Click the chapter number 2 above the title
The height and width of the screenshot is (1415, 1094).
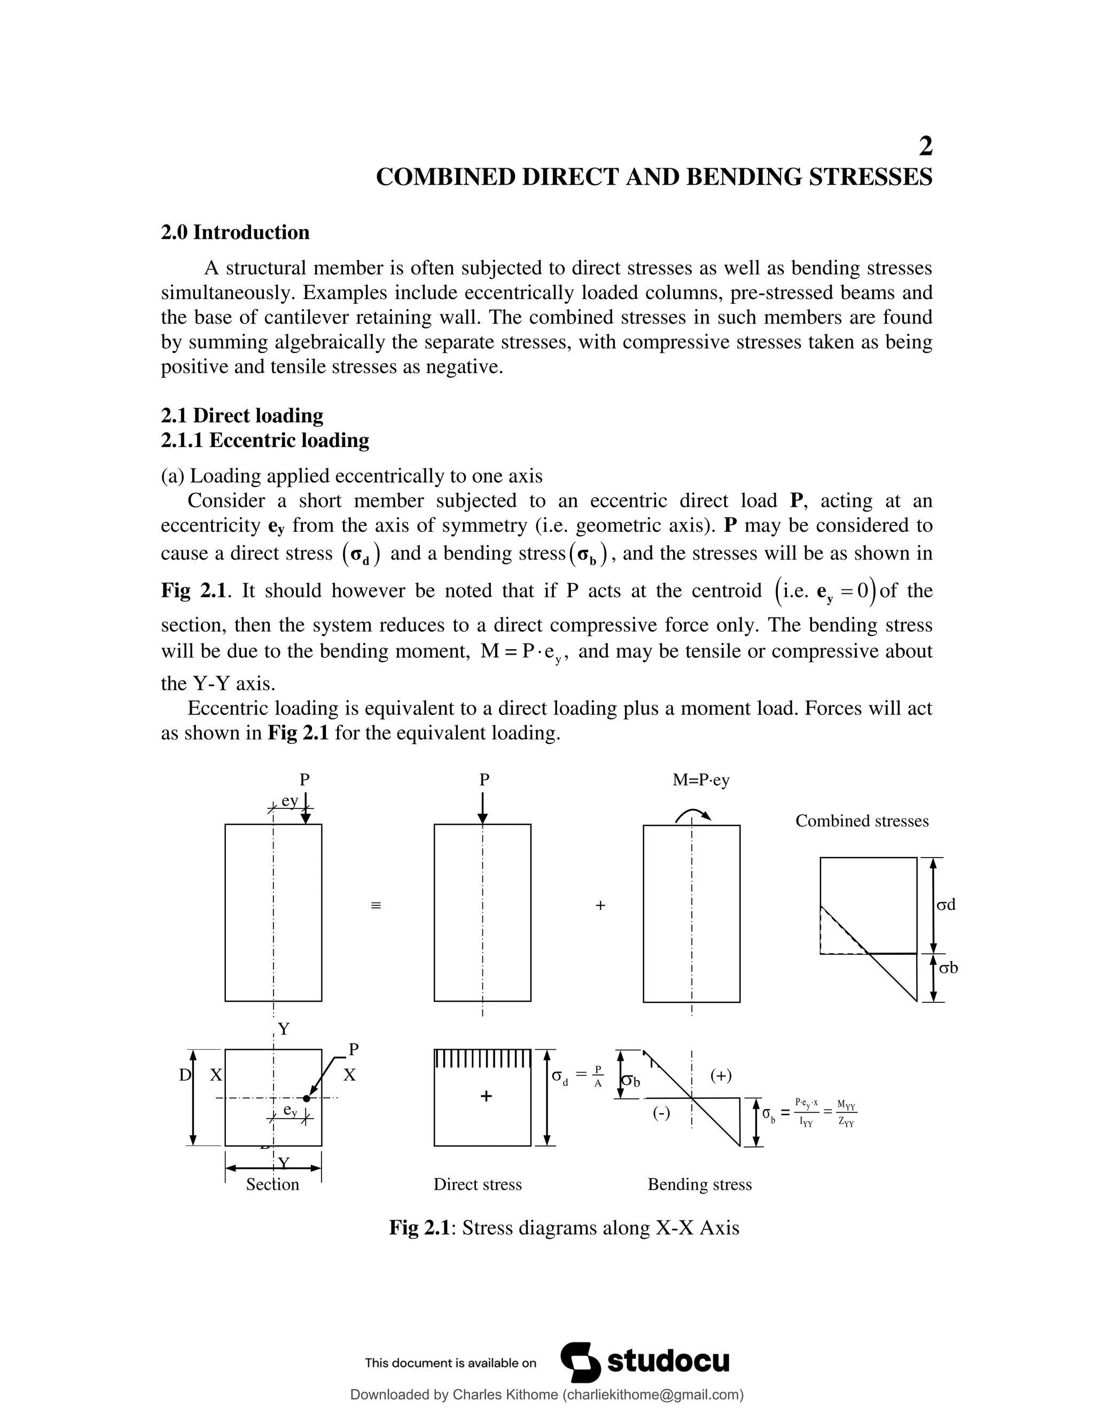click(926, 146)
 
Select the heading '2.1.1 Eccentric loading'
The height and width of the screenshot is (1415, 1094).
click(264, 441)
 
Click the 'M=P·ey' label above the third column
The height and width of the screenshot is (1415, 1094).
click(701, 780)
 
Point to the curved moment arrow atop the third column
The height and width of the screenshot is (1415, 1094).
click(693, 814)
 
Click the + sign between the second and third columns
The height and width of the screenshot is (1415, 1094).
click(600, 906)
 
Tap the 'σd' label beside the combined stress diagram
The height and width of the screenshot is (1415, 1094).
click(946, 905)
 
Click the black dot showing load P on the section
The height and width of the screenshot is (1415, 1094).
click(307, 1098)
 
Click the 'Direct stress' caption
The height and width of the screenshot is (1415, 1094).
click(477, 1184)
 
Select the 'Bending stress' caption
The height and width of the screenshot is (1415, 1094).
click(699, 1184)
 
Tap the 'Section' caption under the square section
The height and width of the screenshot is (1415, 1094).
click(272, 1184)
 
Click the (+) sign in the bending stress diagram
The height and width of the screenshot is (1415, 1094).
click(721, 1075)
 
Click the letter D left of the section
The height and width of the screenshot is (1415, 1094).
click(185, 1075)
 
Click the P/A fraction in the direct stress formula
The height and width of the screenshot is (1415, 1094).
click(598, 1076)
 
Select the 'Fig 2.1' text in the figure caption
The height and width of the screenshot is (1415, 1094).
click(419, 1228)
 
